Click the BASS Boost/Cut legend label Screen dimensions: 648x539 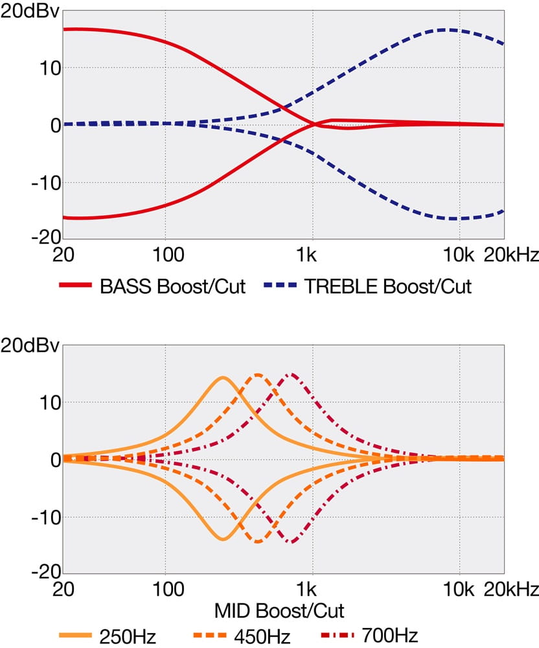pos(173,287)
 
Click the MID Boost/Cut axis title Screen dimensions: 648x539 pos(279,610)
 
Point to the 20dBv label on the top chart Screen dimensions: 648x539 pos(30,11)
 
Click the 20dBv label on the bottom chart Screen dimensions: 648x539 pos(30,345)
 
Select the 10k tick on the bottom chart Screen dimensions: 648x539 pos(459,590)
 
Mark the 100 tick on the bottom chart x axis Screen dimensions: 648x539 pos(166,590)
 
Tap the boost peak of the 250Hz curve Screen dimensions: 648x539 pos(223,377)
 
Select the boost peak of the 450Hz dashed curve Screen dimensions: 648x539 pos(258,375)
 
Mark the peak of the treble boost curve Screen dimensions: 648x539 pos(447,30)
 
